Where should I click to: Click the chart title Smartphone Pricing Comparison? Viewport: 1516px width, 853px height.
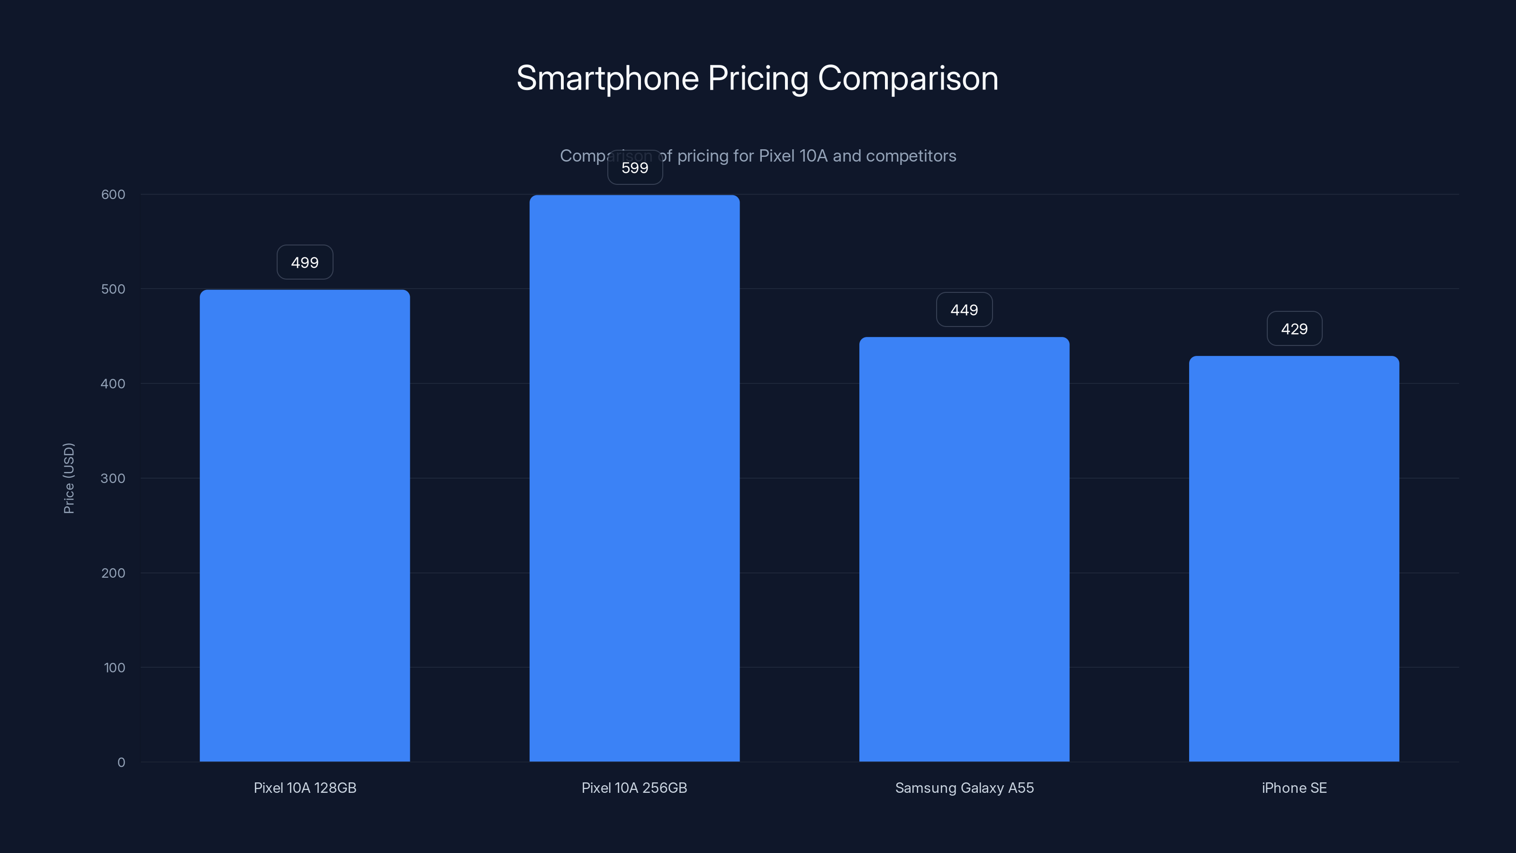click(758, 78)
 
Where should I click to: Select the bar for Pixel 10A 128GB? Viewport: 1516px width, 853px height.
click(305, 525)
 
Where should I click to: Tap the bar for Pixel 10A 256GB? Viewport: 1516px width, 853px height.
click(634, 478)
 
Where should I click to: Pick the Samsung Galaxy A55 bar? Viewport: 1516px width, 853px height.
click(964, 549)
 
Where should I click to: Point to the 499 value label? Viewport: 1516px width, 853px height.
click(305, 263)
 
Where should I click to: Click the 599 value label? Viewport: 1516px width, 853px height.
click(635, 168)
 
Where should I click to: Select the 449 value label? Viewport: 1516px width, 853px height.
click(964, 310)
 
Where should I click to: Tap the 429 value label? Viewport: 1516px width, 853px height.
click(1294, 329)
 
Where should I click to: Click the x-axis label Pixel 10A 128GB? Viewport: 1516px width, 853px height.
click(305, 788)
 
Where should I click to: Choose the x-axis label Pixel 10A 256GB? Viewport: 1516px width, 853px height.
click(634, 788)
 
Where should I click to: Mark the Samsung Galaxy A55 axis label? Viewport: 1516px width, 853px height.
click(964, 788)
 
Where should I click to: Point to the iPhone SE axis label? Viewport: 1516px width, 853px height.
click(1294, 788)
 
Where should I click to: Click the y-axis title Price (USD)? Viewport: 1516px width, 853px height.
click(69, 478)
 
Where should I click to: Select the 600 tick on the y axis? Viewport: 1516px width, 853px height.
click(113, 194)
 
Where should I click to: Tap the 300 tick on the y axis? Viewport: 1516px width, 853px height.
click(113, 478)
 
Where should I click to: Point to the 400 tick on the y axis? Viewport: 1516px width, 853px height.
click(113, 384)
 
